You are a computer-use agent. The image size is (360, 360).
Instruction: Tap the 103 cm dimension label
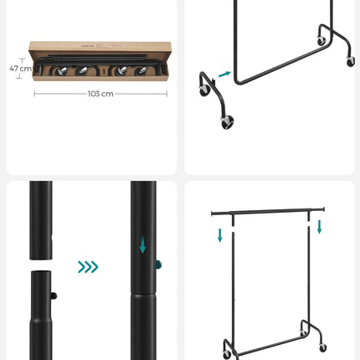100,94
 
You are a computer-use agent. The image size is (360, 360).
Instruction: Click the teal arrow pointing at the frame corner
224,75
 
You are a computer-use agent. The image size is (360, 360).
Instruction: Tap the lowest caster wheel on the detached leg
227,123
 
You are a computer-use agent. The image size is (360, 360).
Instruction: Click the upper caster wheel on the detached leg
203,86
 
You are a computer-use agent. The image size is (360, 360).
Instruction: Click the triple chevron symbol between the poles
88,267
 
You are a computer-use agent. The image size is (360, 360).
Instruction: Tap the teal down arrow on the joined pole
143,245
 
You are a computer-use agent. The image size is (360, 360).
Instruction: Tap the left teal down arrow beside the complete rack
220,235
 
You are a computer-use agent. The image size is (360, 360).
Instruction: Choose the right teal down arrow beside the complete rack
320,227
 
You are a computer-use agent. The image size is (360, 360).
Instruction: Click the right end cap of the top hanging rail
322,209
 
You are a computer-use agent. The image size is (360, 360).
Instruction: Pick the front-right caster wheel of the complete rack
322,347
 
